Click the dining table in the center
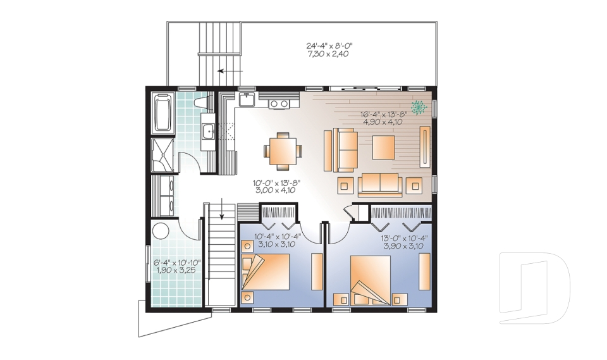283,151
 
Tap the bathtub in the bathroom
162,113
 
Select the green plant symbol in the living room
419,107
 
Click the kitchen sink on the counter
246,99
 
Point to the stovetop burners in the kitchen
279,104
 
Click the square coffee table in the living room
384,147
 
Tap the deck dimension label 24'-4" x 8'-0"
329,46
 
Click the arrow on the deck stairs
230,71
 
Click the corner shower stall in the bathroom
162,155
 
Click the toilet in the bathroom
204,102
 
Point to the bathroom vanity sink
208,131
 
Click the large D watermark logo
534,288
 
